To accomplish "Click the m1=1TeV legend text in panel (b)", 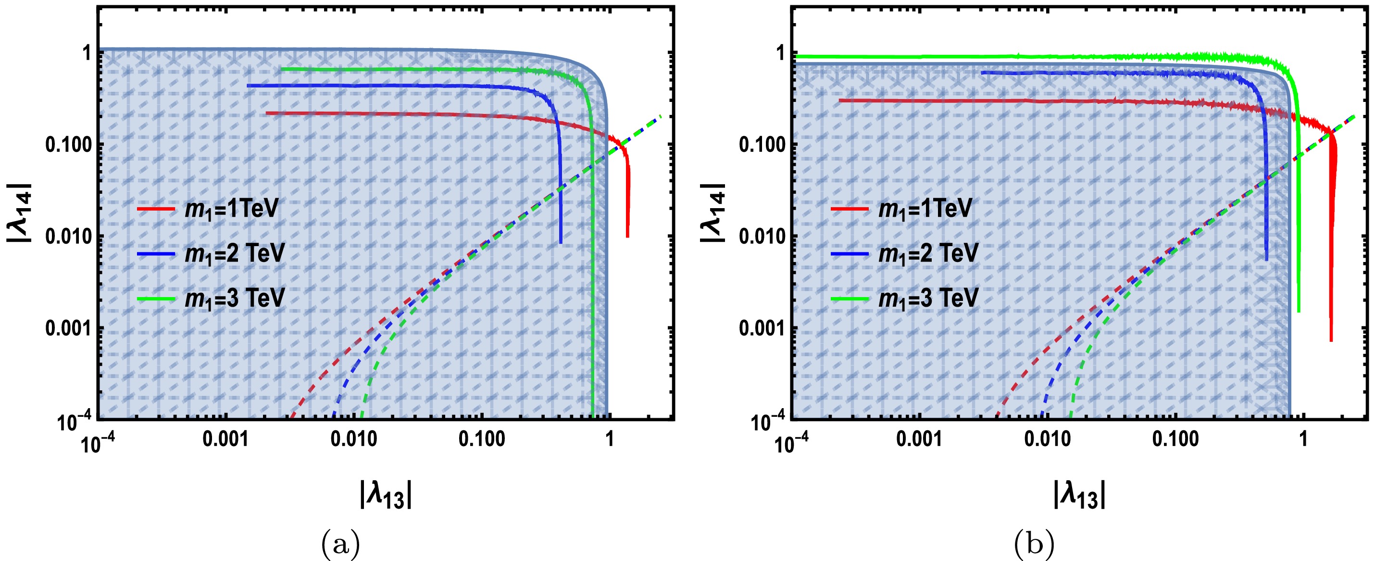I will tap(925, 208).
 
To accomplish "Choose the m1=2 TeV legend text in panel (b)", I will tap(928, 253).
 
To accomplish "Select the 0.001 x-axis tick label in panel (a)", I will tap(226, 439).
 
